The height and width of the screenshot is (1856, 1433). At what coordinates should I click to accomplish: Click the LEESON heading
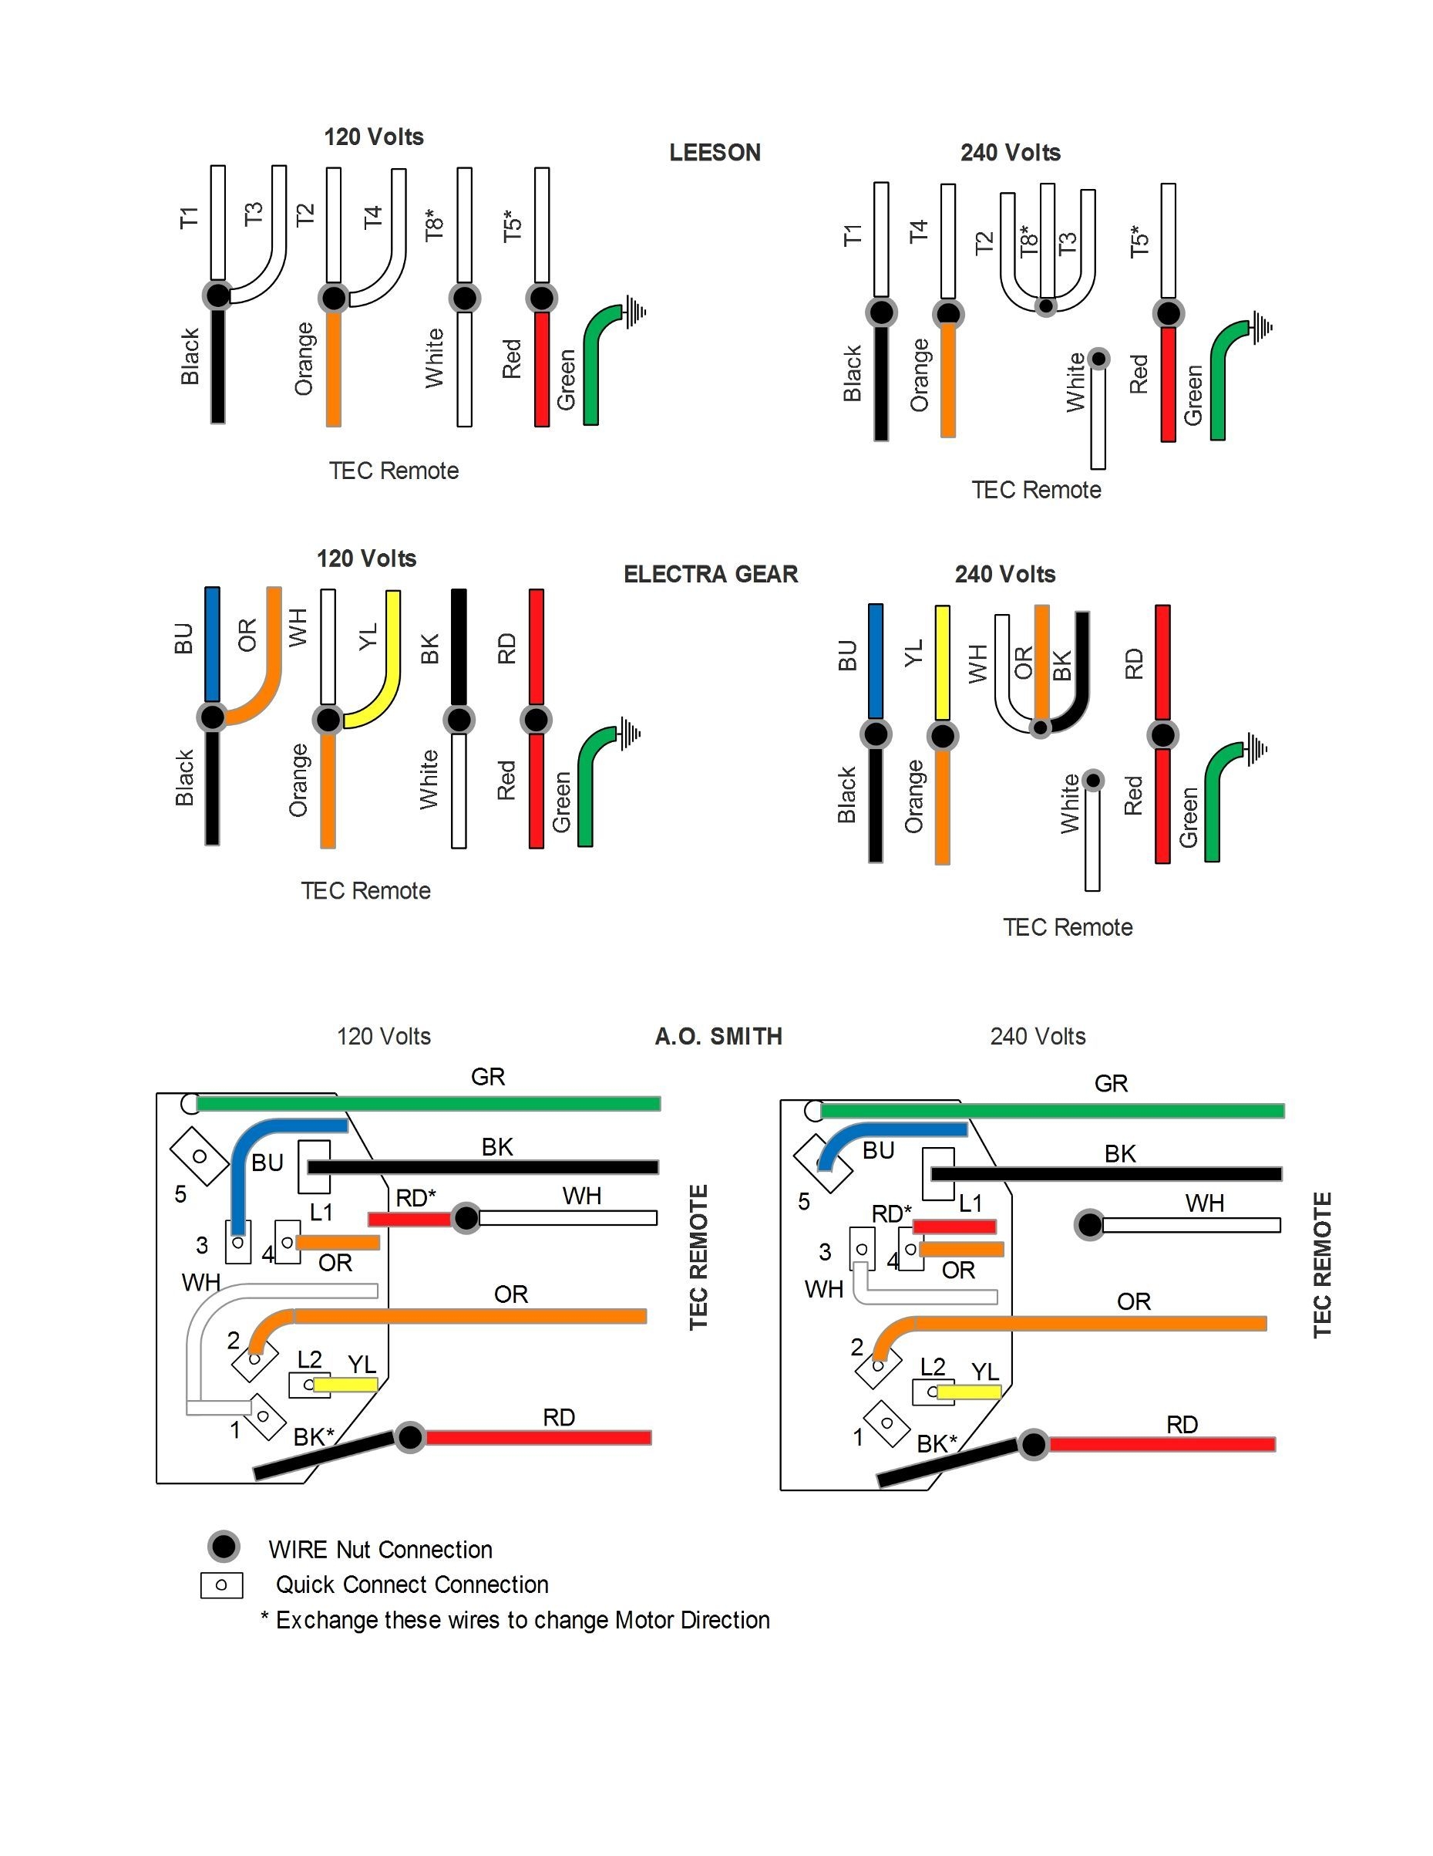715,153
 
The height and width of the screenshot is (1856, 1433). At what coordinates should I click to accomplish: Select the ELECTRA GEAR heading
710,575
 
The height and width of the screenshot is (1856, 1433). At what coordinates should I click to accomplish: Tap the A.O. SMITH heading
718,1036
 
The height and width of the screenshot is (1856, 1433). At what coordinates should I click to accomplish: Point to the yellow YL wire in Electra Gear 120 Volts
392,646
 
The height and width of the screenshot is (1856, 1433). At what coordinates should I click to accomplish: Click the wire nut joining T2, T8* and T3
1047,306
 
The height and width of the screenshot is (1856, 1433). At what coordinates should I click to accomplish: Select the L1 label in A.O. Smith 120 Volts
321,1212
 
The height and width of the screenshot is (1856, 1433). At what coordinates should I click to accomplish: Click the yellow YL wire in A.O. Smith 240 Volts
968,1392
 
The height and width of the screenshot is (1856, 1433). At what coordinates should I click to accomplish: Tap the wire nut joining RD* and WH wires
466,1218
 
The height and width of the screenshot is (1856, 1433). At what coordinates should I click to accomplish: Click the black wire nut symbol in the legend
224,1547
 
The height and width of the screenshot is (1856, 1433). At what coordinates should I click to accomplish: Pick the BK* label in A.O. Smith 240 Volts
936,1444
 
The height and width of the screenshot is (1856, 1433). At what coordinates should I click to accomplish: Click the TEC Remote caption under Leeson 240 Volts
1036,490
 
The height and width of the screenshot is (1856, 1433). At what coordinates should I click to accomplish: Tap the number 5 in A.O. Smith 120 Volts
180,1194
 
